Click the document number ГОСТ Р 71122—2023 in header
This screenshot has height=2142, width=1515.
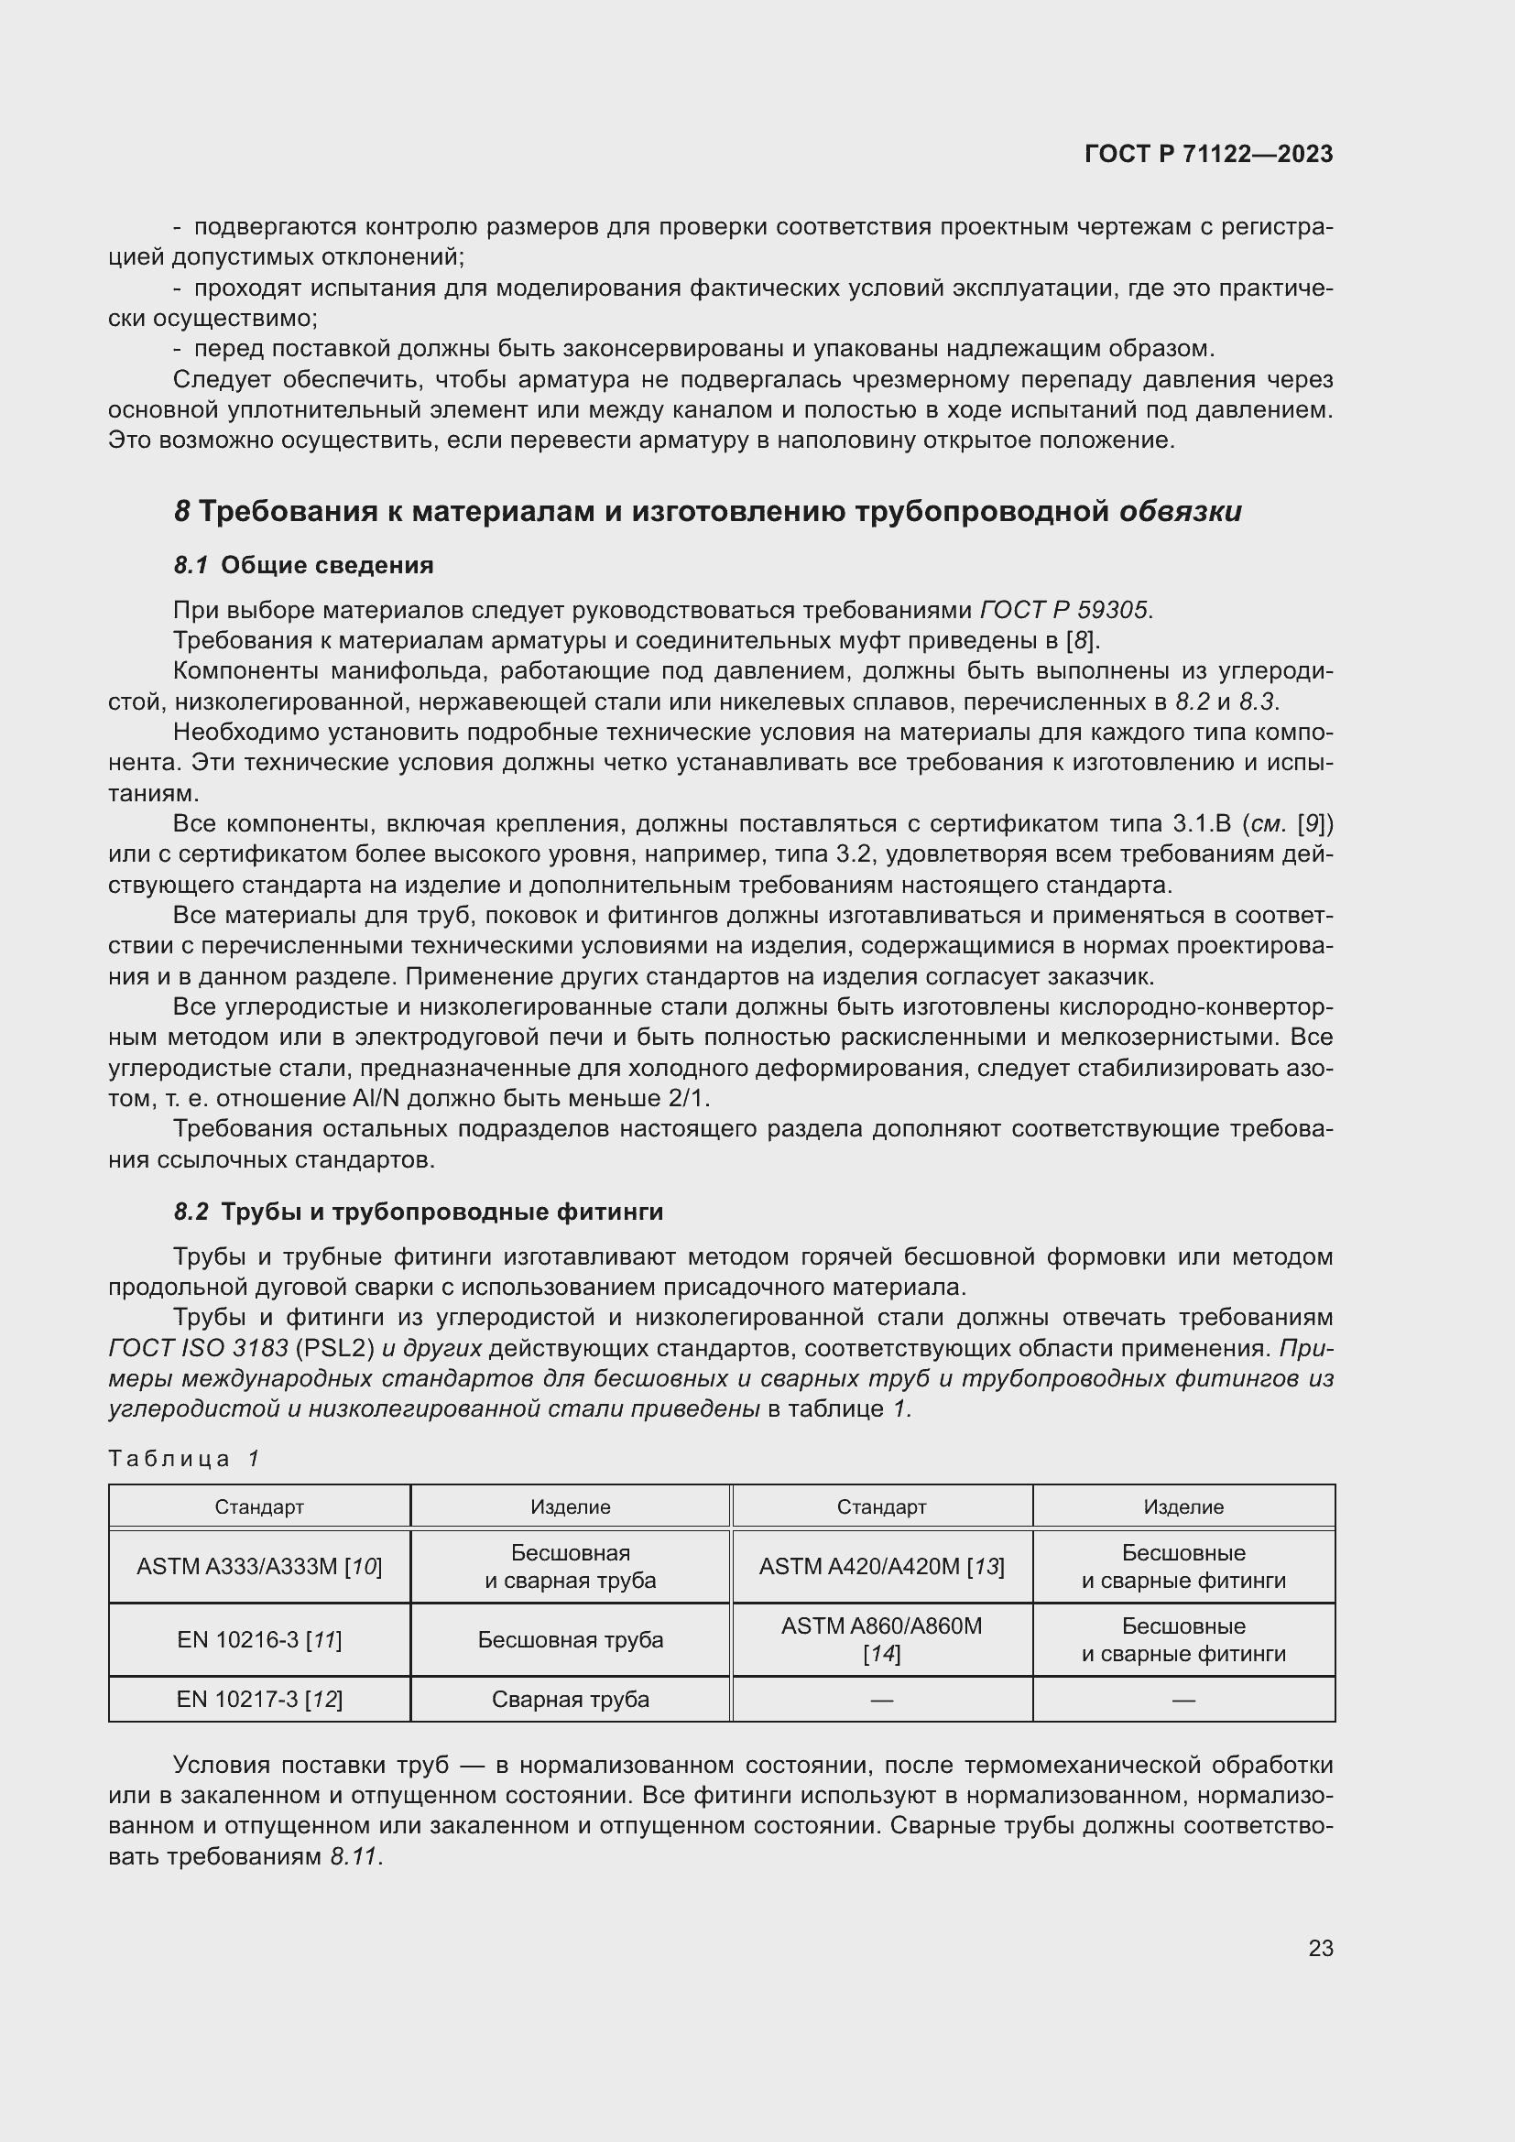[x=1208, y=154]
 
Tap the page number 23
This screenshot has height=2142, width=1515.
[x=1320, y=1948]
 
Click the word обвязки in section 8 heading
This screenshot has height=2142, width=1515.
[x=1180, y=511]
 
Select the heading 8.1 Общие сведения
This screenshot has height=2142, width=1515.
[x=303, y=565]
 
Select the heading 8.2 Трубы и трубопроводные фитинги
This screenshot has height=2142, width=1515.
[x=418, y=1212]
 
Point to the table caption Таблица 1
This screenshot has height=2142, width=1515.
[x=184, y=1458]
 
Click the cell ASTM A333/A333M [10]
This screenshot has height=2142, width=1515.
[x=259, y=1566]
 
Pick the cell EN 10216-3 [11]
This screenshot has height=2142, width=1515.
[x=259, y=1639]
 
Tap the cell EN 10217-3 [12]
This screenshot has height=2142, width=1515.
[x=259, y=1699]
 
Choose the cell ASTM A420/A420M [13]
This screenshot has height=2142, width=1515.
[x=881, y=1566]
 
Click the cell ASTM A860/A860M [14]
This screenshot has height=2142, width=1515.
[x=881, y=1639]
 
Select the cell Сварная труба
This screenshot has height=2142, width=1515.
[x=570, y=1699]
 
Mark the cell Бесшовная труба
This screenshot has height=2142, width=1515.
[x=570, y=1639]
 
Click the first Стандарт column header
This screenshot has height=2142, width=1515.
[x=259, y=1506]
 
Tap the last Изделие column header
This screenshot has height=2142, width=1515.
[x=1183, y=1506]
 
